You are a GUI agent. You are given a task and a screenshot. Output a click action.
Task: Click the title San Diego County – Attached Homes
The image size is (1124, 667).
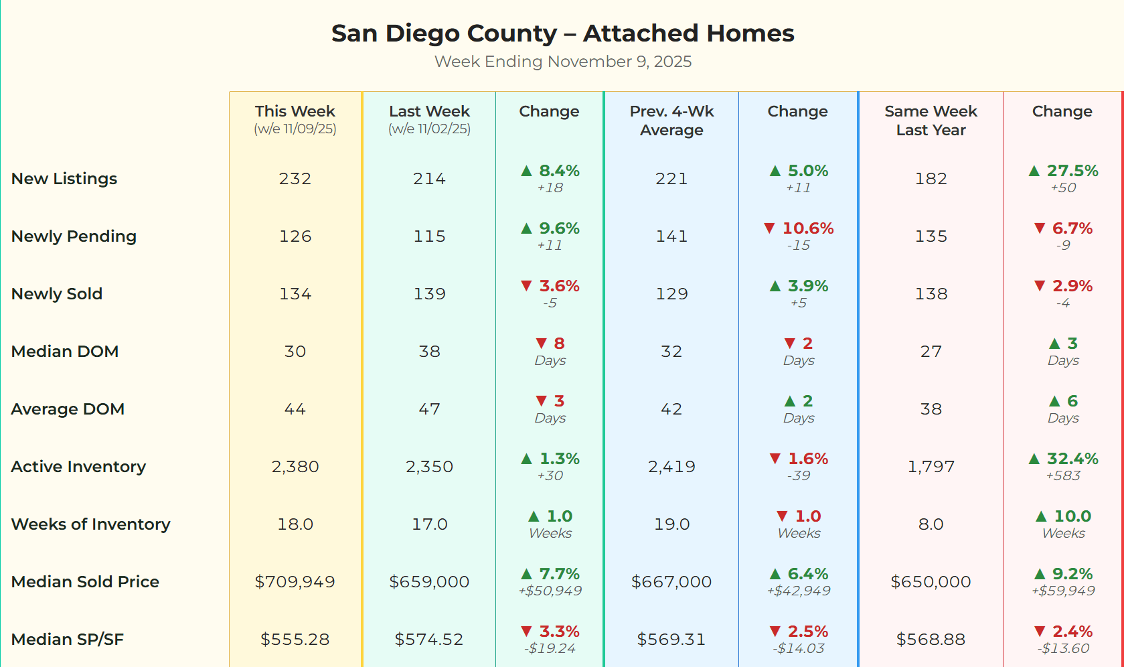point(562,33)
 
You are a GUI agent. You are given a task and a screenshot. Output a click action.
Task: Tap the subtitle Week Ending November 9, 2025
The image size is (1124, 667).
point(562,62)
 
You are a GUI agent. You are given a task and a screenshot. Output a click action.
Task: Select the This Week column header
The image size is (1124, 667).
point(295,112)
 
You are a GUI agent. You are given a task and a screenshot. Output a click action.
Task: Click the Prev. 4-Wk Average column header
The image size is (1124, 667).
point(671,121)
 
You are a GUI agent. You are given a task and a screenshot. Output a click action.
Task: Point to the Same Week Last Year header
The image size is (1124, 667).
point(931,121)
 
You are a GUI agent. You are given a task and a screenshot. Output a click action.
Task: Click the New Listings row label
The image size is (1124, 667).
point(64,179)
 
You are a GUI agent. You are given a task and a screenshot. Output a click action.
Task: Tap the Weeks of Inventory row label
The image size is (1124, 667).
point(90,524)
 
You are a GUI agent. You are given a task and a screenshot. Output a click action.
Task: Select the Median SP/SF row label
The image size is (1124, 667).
point(68,640)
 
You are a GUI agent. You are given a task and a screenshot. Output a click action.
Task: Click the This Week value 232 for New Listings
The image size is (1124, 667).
point(295,179)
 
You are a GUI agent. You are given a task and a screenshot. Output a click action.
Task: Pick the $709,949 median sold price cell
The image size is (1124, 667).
point(295,582)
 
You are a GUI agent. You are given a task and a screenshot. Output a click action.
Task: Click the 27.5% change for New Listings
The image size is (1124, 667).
point(1071,171)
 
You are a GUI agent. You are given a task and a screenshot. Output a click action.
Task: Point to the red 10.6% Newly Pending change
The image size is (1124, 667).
point(807,228)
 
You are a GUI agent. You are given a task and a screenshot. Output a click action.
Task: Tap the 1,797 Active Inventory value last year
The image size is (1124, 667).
point(931,467)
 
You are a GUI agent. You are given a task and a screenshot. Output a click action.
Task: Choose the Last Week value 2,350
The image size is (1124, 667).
point(429,467)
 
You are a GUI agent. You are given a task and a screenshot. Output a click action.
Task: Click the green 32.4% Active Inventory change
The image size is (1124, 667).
point(1071,459)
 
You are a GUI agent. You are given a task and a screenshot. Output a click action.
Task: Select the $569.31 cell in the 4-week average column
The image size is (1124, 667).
point(671,640)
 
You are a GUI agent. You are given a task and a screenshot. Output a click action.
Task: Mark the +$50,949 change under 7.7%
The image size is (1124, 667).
point(550,591)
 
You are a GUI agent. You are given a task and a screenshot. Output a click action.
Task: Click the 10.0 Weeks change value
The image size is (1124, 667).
point(1072,516)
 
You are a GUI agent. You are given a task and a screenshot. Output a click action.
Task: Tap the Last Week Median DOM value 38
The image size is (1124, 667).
point(429,352)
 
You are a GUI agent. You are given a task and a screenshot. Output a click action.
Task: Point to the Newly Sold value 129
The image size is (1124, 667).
point(671,294)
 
